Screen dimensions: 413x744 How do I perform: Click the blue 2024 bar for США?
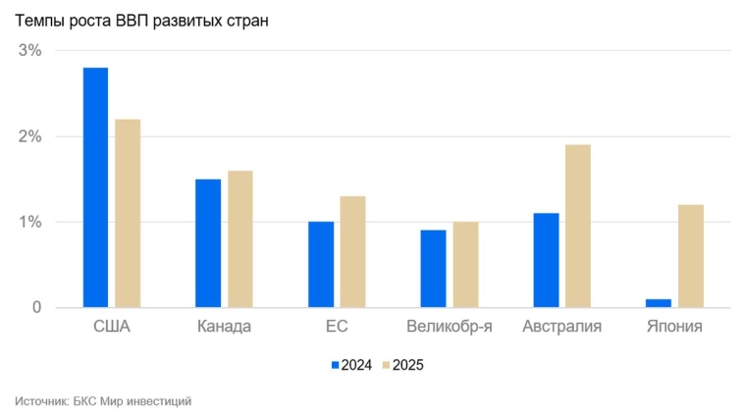(95, 187)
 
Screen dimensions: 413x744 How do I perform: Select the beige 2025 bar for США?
(128, 213)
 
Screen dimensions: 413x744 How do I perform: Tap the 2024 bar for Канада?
(208, 243)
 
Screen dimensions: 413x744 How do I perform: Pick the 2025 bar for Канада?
(240, 238)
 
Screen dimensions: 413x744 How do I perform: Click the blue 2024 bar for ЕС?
(321, 264)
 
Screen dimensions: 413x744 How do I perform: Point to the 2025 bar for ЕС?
(353, 251)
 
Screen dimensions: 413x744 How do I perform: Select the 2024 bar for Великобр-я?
(433, 269)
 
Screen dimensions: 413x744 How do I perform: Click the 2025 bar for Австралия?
(578, 226)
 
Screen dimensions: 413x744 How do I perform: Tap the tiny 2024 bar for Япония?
(659, 303)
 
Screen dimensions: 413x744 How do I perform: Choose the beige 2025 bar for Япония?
(691, 256)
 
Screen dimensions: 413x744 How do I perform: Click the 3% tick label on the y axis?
(30, 51)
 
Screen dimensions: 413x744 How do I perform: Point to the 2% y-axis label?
(30, 136)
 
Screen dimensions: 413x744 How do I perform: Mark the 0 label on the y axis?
(36, 308)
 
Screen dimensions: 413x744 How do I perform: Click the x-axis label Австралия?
(562, 327)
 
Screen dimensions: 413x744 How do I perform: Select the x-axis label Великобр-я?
(450, 327)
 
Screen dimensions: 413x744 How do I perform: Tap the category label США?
(111, 327)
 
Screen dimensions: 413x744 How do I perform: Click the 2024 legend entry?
(350, 365)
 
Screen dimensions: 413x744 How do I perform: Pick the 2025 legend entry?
(403, 365)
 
